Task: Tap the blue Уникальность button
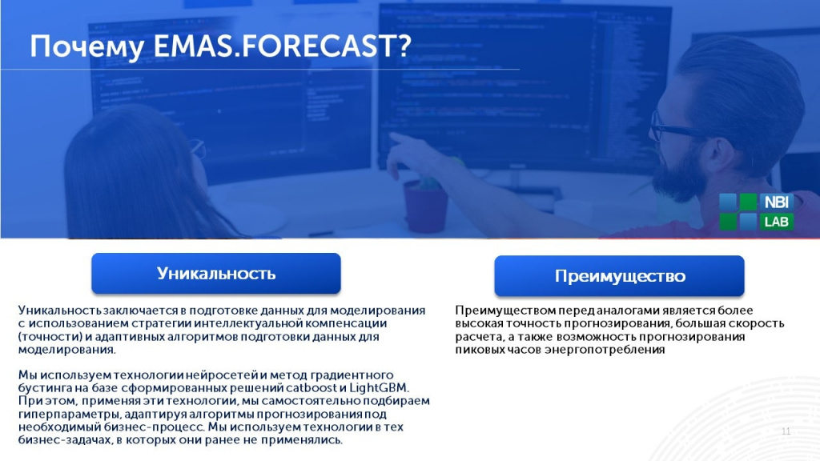(216, 274)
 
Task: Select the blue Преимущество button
(620, 276)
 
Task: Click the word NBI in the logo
(776, 202)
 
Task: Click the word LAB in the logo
(776, 222)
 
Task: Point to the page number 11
(786, 432)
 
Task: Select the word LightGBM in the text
(381, 387)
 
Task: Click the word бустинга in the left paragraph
(43, 387)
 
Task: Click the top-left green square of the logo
(728, 202)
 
